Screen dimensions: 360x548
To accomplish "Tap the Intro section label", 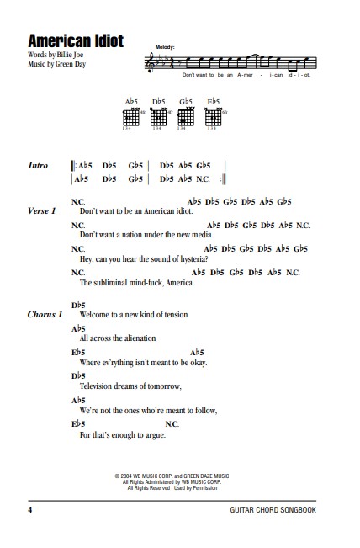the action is pos(38,167).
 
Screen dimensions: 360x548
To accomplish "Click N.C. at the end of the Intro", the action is pos(203,178).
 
